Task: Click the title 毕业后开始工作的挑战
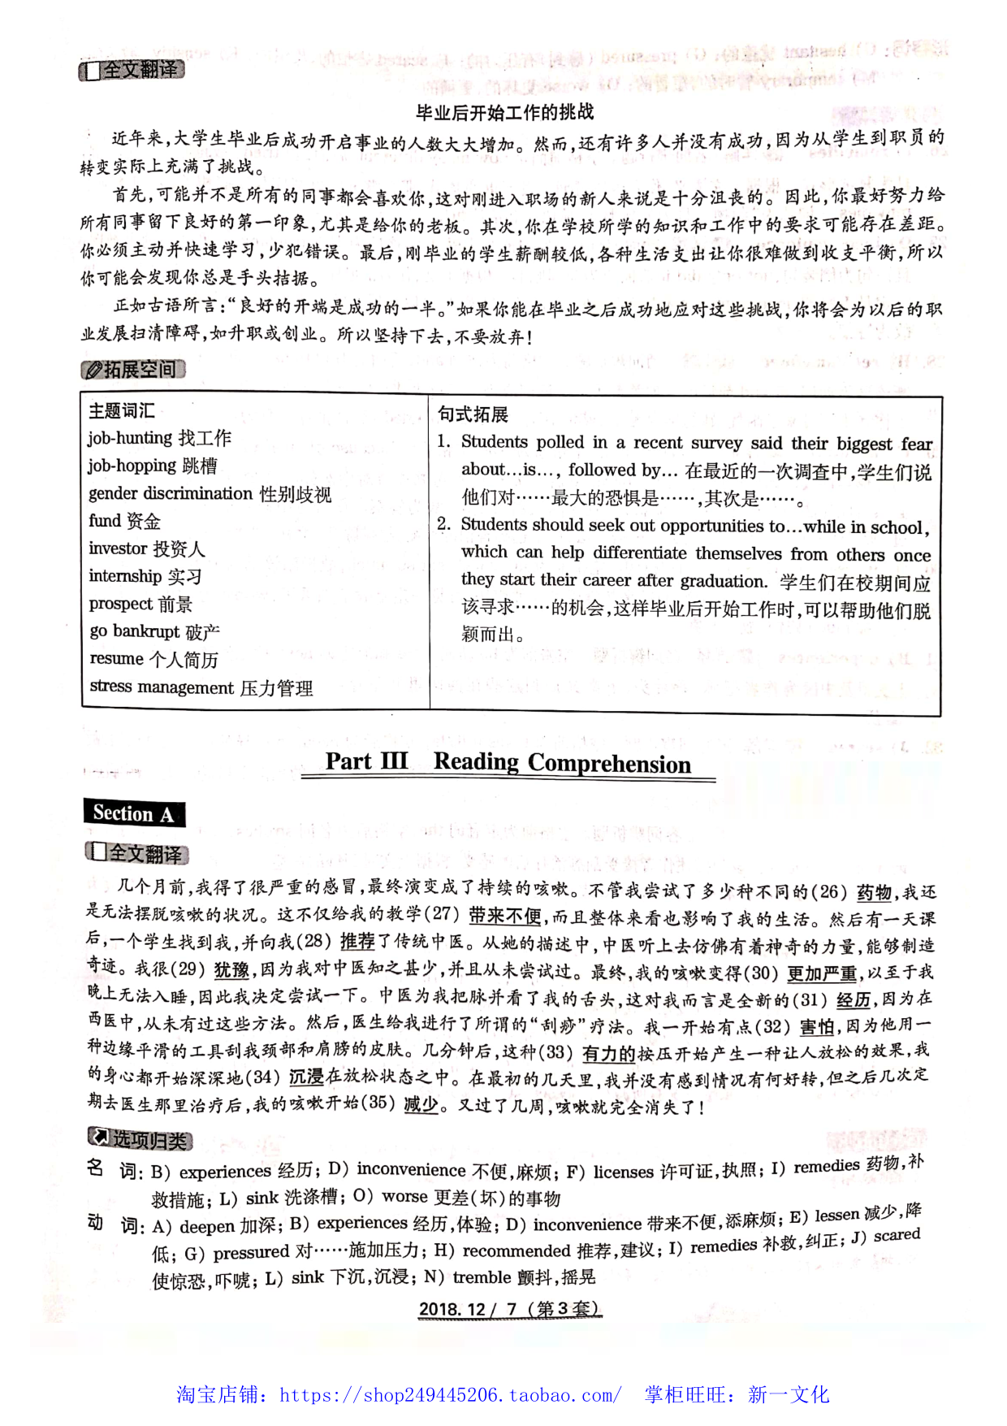pyautogui.click(x=504, y=112)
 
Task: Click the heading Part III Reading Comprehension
pyautogui.click(x=508, y=763)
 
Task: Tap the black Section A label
pyautogui.click(x=134, y=813)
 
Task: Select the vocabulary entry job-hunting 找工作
pyautogui.click(x=159, y=439)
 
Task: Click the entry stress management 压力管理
pyautogui.click(x=201, y=687)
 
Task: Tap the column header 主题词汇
pyautogui.click(x=121, y=411)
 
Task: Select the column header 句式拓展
pyautogui.click(x=473, y=414)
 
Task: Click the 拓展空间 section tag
pyautogui.click(x=134, y=370)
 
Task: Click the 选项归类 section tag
pyautogui.click(x=140, y=1140)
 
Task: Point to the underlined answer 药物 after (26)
pyautogui.click(x=874, y=892)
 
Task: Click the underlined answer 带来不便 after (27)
pyautogui.click(x=504, y=916)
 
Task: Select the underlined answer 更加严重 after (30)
pyautogui.click(x=822, y=973)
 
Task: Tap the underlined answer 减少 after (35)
pyautogui.click(x=421, y=1104)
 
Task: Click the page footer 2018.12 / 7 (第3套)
pyautogui.click(x=509, y=1309)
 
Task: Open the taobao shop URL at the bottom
pyautogui.click(x=451, y=1395)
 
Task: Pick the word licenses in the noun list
pyautogui.click(x=623, y=1172)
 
